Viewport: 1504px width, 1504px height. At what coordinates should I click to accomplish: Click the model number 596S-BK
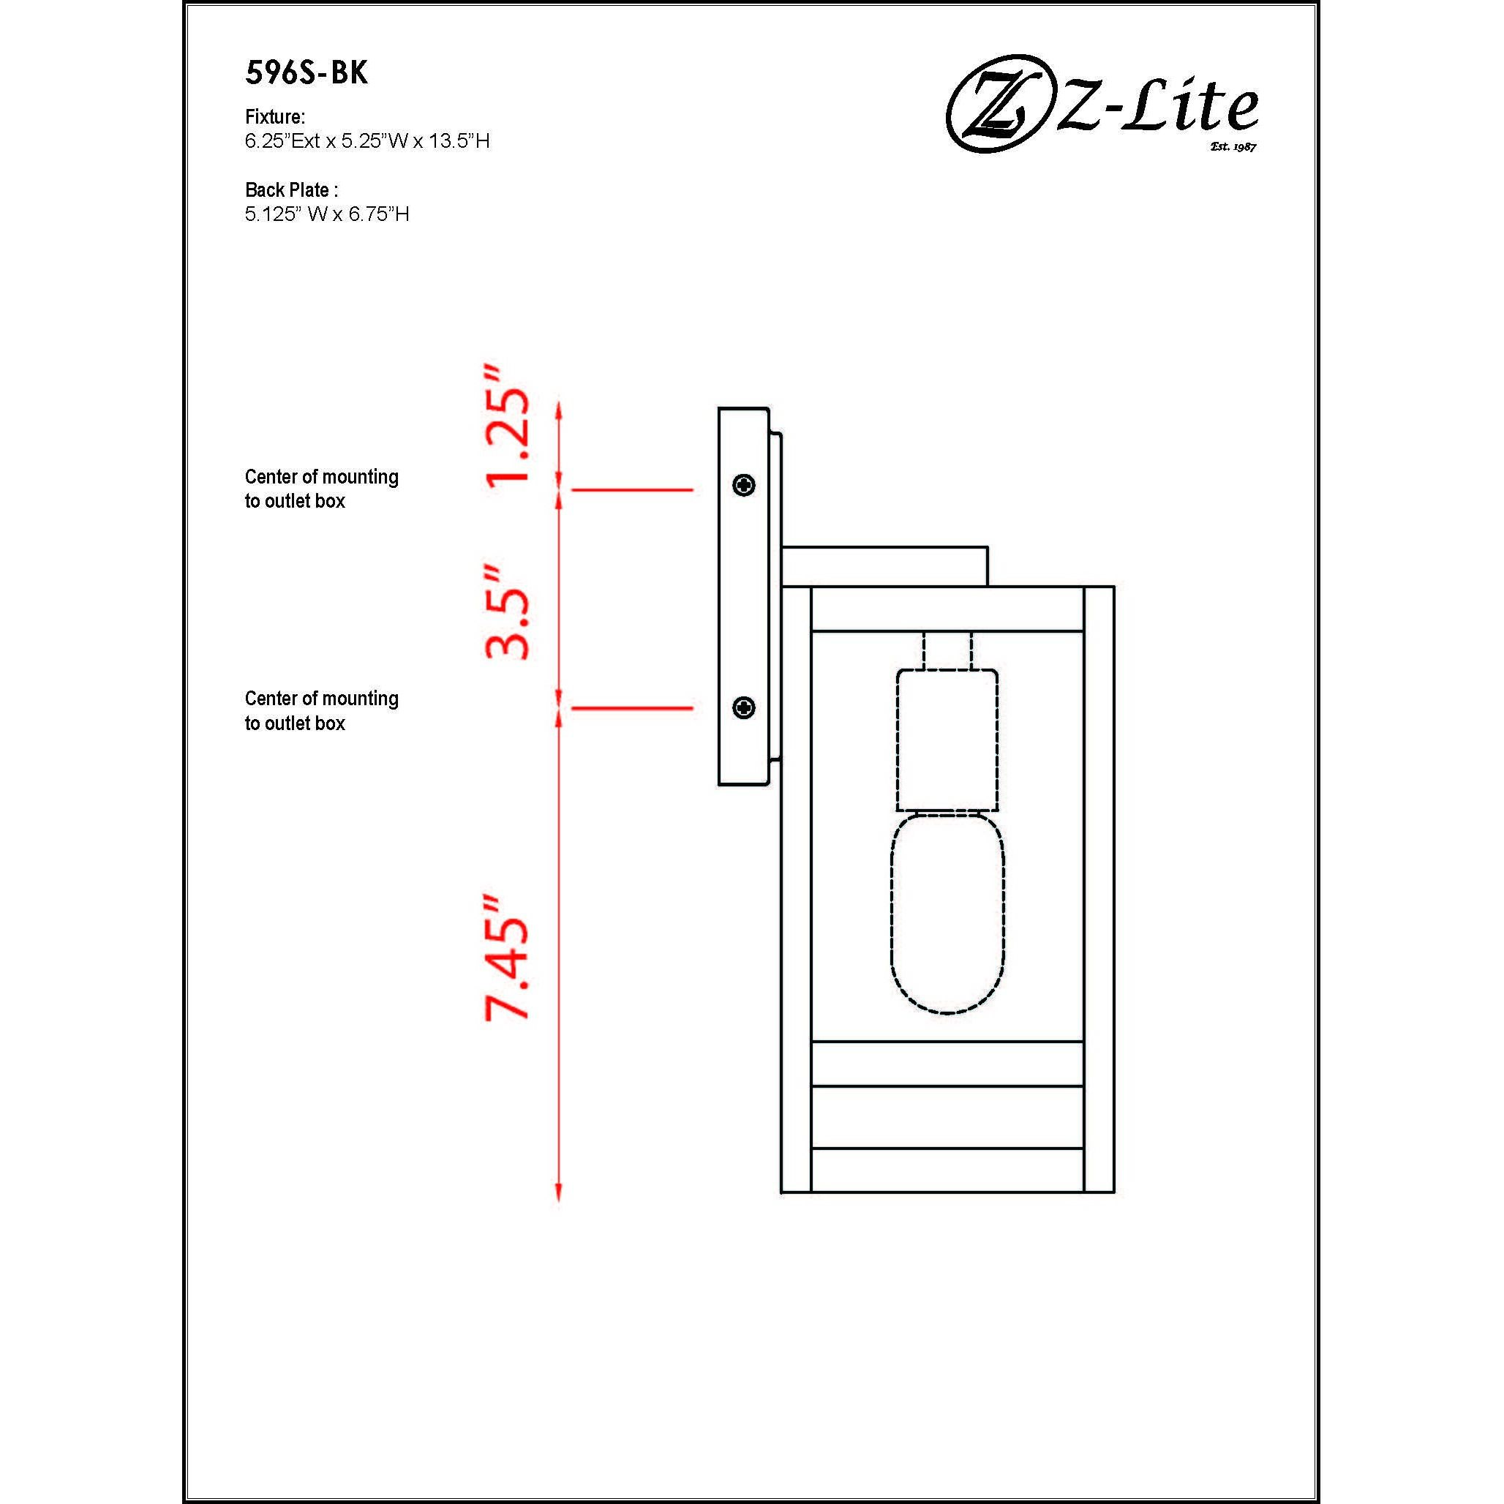click(x=306, y=73)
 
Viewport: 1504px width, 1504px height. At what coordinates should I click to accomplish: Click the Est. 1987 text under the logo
click(x=1233, y=146)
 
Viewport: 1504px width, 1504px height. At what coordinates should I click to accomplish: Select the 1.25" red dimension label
click(x=508, y=426)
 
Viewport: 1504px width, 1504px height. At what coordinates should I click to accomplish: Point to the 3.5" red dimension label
click(x=508, y=613)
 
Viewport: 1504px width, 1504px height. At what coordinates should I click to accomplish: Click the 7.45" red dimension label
click(x=508, y=957)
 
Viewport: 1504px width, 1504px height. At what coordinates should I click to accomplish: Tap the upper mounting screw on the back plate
click(x=744, y=486)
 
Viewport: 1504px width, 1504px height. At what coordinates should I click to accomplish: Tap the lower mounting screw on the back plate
click(x=744, y=707)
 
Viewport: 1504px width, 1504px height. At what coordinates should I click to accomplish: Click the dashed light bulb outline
click(x=947, y=912)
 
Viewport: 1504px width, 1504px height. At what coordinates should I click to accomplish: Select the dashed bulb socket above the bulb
click(x=947, y=740)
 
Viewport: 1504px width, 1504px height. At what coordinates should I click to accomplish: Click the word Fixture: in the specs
click(x=275, y=117)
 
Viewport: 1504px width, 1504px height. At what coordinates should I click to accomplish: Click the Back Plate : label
click(x=291, y=190)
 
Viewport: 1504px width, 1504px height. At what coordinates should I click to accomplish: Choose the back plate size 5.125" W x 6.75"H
click(x=327, y=214)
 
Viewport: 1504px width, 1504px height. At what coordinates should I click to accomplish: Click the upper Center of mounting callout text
click(x=322, y=489)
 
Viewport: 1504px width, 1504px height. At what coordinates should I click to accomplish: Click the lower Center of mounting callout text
click(x=322, y=711)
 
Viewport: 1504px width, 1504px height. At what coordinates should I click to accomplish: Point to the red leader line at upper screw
click(x=632, y=489)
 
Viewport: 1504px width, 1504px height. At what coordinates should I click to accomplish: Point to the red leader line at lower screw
click(x=632, y=708)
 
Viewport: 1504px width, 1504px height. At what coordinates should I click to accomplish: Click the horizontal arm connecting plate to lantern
click(x=884, y=566)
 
